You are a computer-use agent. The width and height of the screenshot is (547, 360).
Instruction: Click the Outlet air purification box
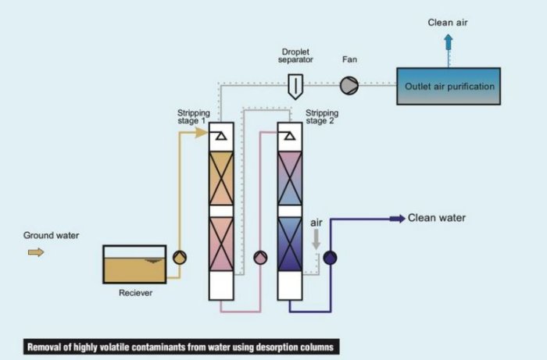(x=449, y=86)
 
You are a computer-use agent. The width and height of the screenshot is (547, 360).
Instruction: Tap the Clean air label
(x=449, y=22)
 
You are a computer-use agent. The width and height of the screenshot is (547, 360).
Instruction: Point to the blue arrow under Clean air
(x=449, y=42)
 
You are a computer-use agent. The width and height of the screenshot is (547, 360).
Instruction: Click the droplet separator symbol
(x=295, y=85)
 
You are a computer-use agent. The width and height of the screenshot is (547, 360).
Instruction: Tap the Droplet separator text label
(x=295, y=57)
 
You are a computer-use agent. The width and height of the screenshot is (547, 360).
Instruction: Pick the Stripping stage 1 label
(x=194, y=117)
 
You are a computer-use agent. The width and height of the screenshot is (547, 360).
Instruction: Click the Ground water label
(x=51, y=235)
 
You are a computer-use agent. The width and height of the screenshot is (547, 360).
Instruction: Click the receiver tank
(x=134, y=264)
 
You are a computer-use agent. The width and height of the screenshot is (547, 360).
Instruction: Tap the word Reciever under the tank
(x=135, y=293)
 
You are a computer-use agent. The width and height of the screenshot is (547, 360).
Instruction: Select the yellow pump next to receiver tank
(x=178, y=258)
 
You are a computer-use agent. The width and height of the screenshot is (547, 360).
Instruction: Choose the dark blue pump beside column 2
(x=329, y=258)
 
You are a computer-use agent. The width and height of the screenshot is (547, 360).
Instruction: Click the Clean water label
(x=437, y=218)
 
